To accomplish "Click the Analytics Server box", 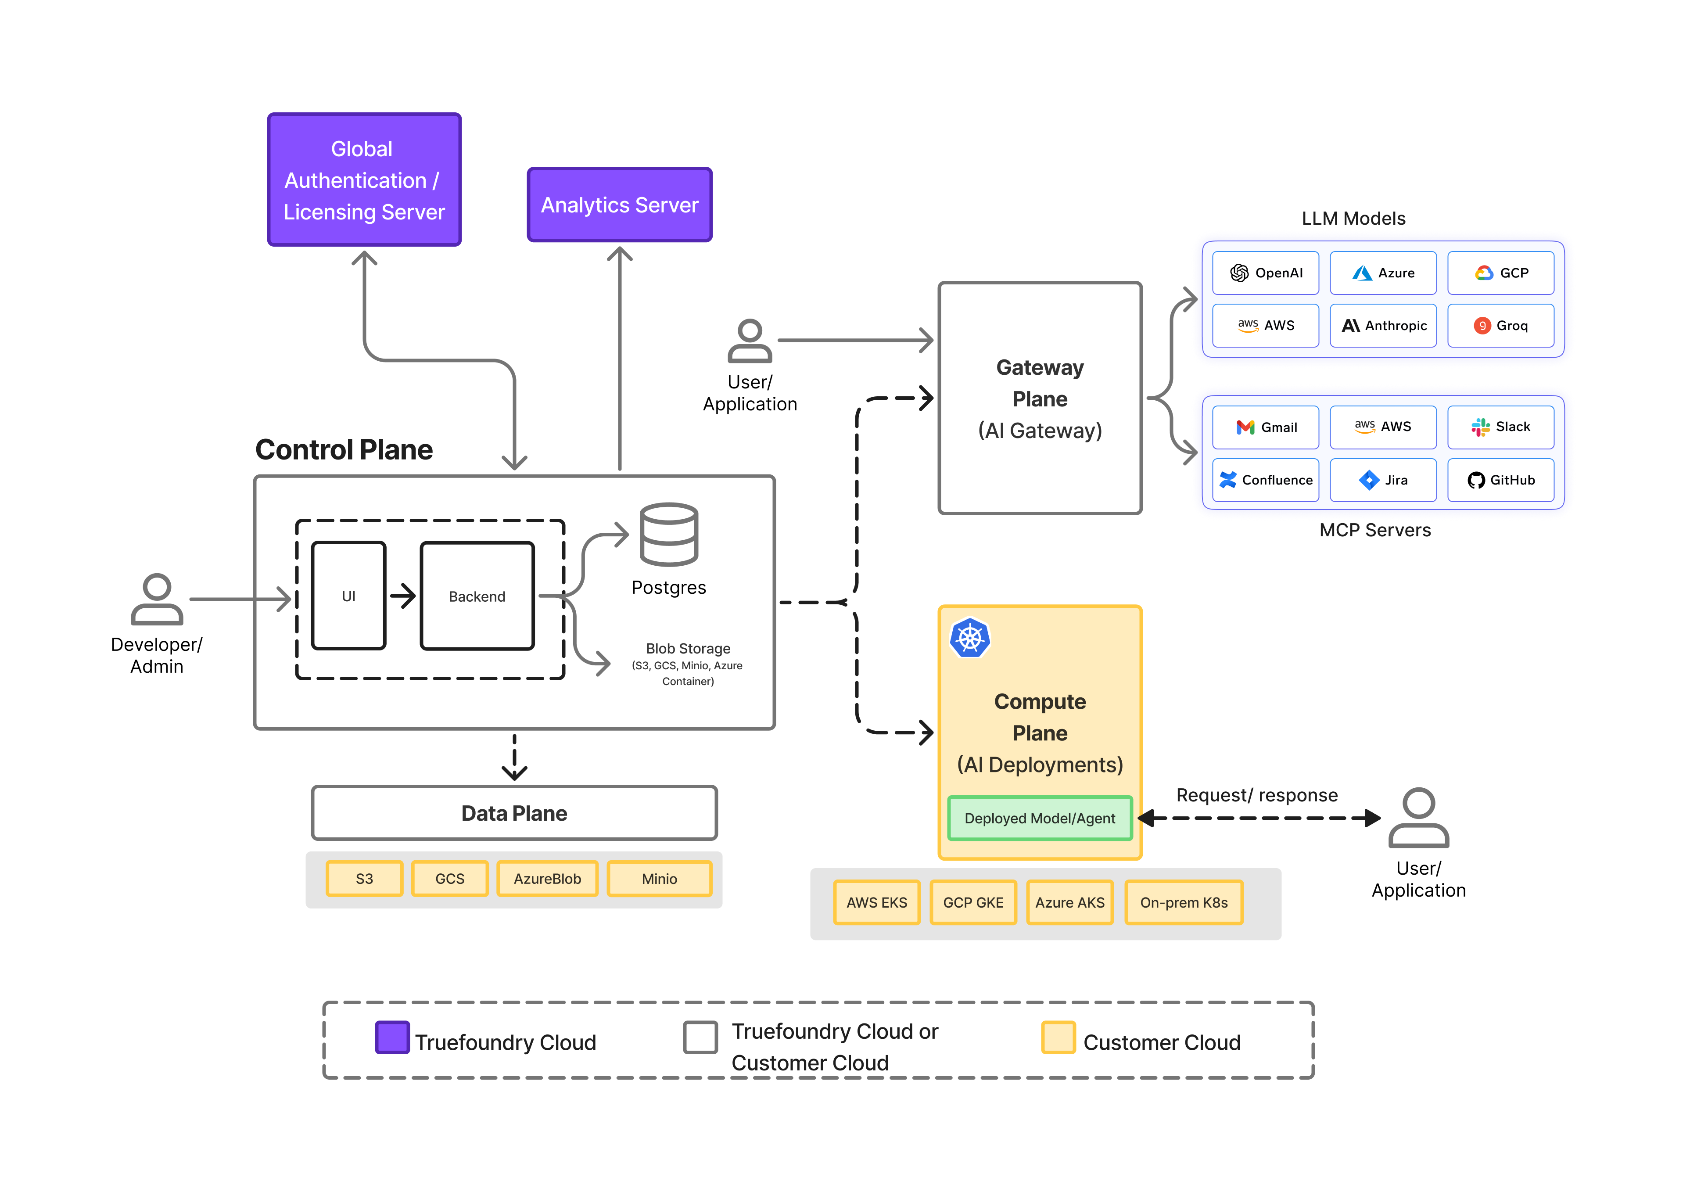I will (619, 205).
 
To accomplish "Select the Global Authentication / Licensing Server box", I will (364, 180).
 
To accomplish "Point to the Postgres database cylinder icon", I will (668, 535).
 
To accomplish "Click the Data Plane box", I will (514, 813).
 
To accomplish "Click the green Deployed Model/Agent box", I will (1039, 818).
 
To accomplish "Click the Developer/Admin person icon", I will (157, 600).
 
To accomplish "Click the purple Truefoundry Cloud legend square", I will (392, 1038).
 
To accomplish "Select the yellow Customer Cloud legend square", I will (1058, 1038).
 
